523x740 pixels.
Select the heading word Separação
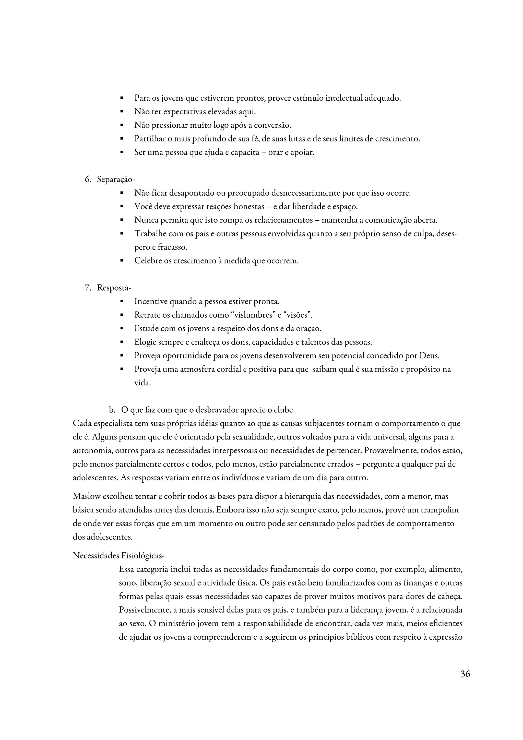(115, 180)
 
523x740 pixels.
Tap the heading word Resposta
(113, 288)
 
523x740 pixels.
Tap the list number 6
(87, 180)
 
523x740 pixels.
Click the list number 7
(87, 288)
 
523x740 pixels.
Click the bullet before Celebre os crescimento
(122, 261)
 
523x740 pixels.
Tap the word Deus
(430, 356)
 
